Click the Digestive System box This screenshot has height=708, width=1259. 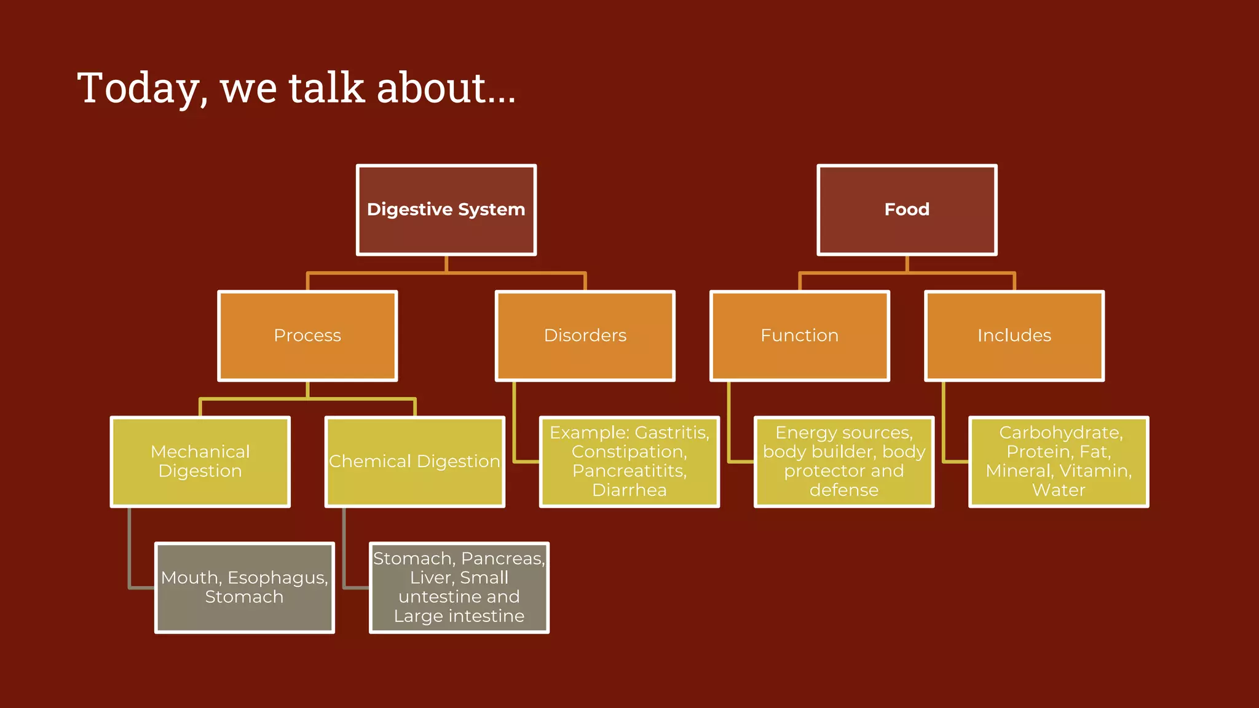446,210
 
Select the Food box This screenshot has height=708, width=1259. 907,210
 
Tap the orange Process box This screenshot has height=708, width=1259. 307,336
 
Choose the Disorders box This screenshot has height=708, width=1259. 585,336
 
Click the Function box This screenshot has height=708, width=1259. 799,336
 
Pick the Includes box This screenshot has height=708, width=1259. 1014,336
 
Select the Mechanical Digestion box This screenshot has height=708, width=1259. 200,462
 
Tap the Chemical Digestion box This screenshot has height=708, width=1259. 415,462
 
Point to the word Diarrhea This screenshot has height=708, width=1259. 629,490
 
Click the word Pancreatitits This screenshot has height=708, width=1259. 629,471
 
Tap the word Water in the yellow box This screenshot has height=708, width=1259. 1058,490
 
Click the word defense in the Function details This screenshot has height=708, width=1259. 843,490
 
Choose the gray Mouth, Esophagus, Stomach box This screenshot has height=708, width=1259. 244,588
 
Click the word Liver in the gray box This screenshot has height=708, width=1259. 430,578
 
